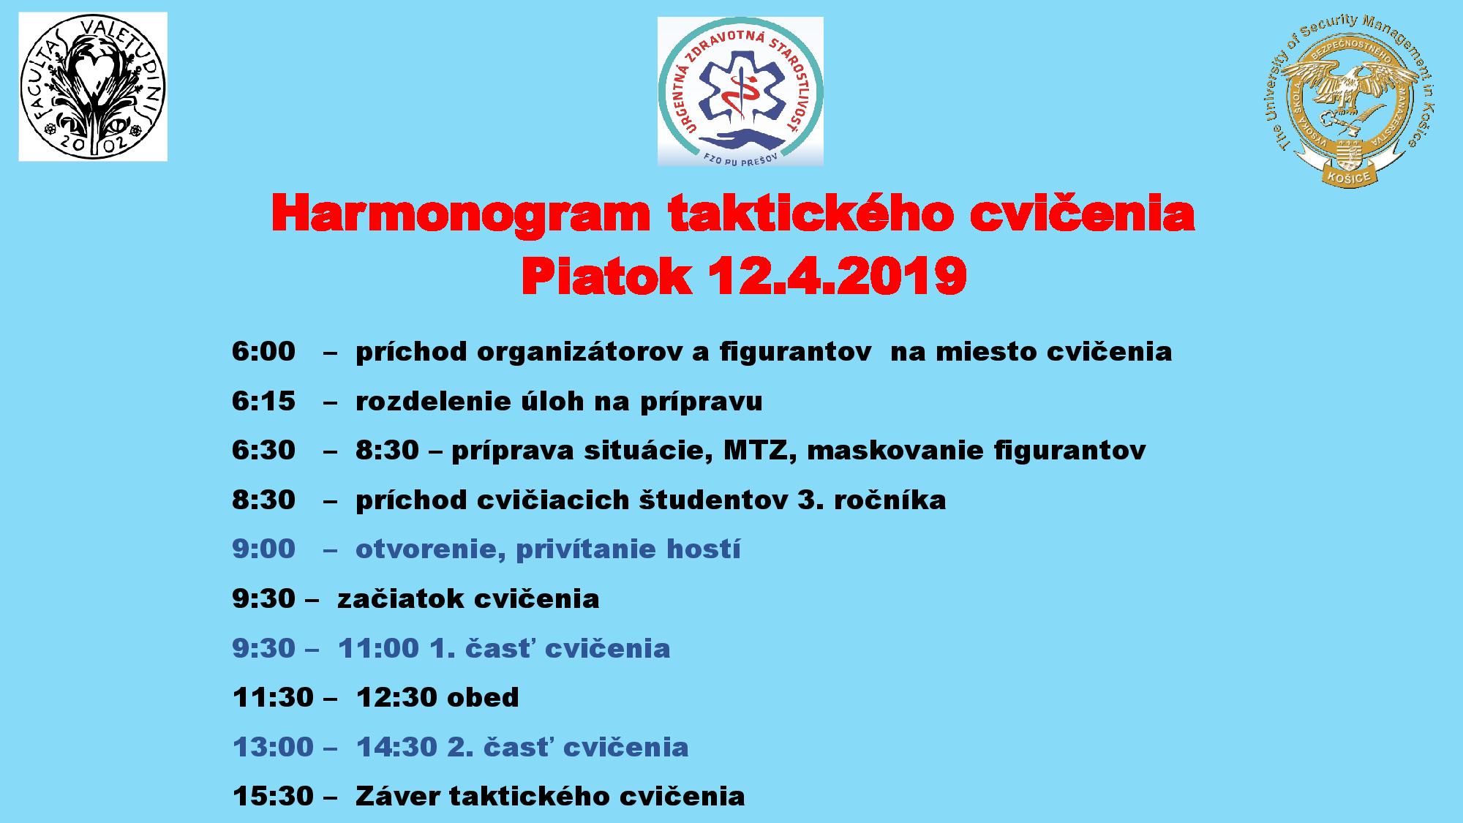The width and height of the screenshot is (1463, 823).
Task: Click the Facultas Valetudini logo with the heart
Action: click(93, 86)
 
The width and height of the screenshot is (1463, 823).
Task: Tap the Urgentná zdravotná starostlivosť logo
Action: click(740, 91)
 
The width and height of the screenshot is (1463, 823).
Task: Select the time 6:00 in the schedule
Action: click(263, 352)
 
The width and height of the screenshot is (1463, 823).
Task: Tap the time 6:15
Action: click(263, 401)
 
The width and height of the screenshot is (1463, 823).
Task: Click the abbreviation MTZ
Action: click(756, 451)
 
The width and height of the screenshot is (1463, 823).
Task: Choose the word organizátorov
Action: click(582, 353)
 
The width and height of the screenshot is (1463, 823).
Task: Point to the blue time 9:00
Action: click(263, 549)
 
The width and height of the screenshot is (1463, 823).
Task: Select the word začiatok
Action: click(401, 599)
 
